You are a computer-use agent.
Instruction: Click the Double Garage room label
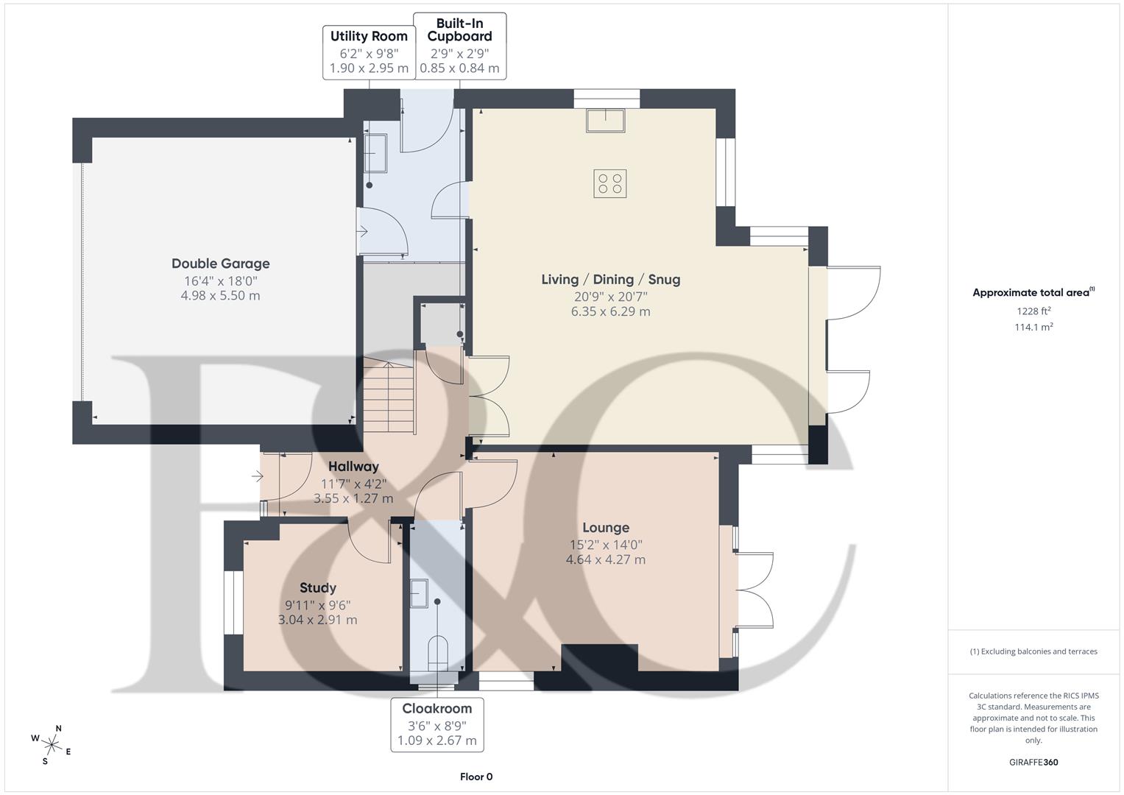tap(220, 264)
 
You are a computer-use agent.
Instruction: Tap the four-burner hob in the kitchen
tap(610, 183)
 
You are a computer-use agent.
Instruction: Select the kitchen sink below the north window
tap(605, 120)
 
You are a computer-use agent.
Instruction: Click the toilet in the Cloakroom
tap(437, 651)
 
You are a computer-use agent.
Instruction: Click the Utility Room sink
tap(375, 152)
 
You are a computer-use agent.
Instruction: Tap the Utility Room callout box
tap(368, 52)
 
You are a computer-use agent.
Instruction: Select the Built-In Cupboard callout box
tap(459, 46)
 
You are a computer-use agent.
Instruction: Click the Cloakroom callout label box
tap(436, 724)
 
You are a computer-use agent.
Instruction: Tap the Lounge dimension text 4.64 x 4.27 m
tap(605, 559)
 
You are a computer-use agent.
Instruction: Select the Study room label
tap(317, 587)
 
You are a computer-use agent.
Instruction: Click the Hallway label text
tap(353, 467)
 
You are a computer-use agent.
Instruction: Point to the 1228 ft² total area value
tap(1033, 311)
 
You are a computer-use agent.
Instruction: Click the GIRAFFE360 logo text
tap(1033, 762)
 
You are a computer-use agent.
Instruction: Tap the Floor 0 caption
tap(476, 777)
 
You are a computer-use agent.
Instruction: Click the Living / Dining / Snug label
tap(610, 280)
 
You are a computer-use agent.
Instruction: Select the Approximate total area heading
tap(1033, 292)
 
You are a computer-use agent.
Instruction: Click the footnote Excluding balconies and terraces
tap(1033, 651)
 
